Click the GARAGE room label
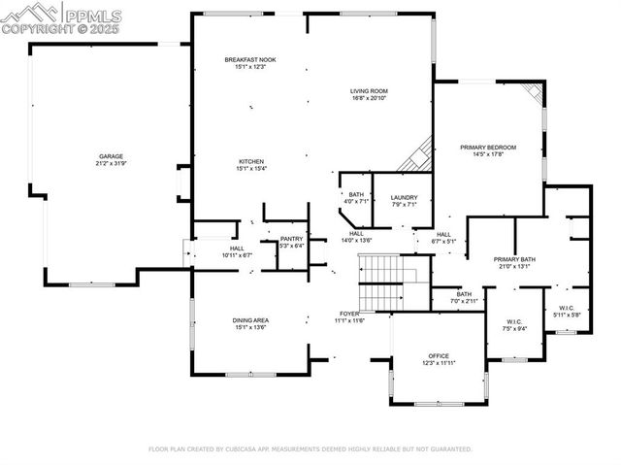tap(110, 155)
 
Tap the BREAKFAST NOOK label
tap(250, 60)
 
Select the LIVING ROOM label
tap(369, 91)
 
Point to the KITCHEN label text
tap(251, 161)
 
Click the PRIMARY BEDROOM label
tap(487, 147)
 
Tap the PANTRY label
tap(291, 239)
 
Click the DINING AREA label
tap(250, 320)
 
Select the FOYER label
tap(348, 314)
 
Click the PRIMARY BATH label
tap(513, 259)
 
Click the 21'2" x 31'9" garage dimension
tap(110, 163)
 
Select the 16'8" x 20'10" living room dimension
tap(369, 98)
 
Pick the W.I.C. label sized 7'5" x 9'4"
tap(515, 322)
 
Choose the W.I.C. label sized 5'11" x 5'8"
tap(567, 308)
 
